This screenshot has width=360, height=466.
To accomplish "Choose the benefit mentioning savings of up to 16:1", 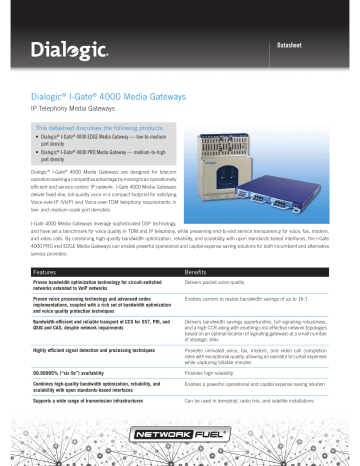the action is (x=250, y=302).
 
